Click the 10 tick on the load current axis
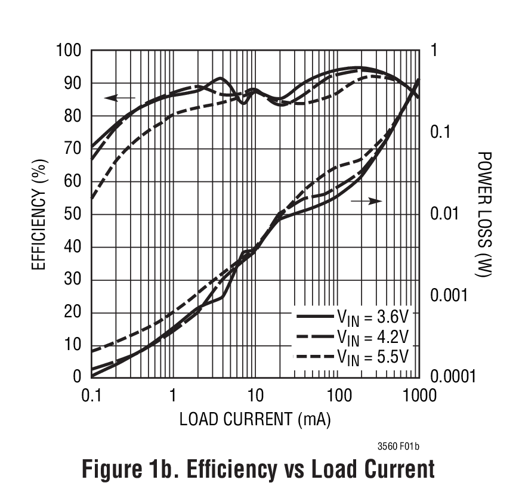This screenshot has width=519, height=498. pos(255,395)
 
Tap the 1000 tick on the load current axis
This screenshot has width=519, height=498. pos(419,395)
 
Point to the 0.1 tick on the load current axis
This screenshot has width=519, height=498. pos(91,395)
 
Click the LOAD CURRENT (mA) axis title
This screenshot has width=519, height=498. pos(255,419)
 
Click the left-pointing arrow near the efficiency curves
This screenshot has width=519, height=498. pos(119,98)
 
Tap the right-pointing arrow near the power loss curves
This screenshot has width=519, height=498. pos(366,202)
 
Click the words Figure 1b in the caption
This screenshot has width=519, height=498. pos(131,469)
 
